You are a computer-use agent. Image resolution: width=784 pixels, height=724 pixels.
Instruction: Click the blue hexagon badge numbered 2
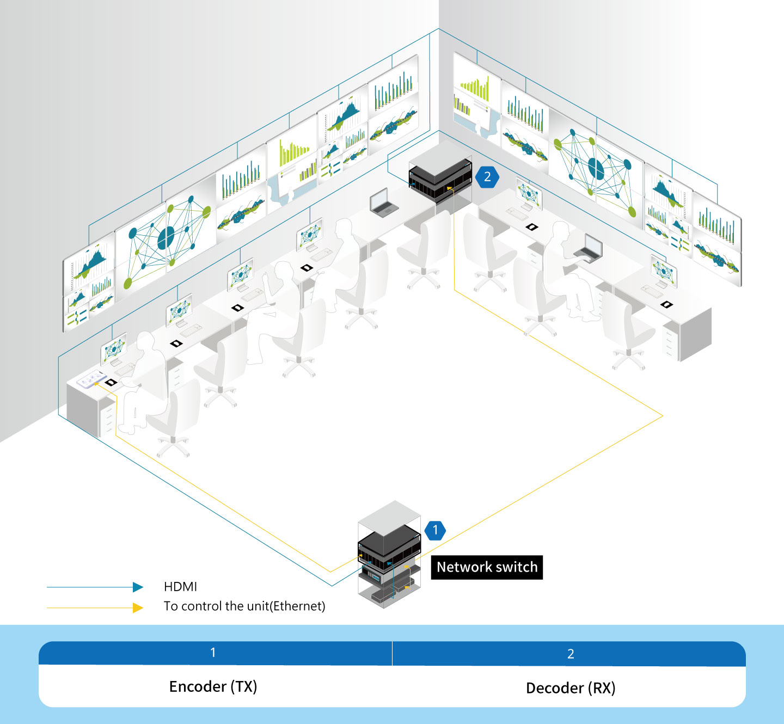pyautogui.click(x=487, y=177)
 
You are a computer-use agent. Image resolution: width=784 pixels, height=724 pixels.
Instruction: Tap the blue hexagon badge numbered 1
pyautogui.click(x=435, y=530)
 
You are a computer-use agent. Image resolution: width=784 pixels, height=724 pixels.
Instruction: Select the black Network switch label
pyautogui.click(x=487, y=567)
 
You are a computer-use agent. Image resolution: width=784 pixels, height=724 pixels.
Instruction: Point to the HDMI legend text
pyautogui.click(x=180, y=587)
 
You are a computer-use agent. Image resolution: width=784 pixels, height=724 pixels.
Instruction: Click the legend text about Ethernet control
pyautogui.click(x=244, y=606)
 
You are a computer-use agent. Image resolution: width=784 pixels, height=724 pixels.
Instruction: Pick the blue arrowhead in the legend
pyautogui.click(x=138, y=587)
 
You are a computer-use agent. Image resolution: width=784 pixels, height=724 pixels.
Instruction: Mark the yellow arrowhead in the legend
pyautogui.click(x=138, y=608)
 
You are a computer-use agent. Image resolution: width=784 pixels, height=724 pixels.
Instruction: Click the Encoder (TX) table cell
pyautogui.click(x=213, y=686)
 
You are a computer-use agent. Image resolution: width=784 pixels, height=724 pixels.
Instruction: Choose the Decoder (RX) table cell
pyautogui.click(x=570, y=688)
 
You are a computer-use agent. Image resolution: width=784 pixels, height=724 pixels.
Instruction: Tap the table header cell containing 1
pyautogui.click(x=213, y=653)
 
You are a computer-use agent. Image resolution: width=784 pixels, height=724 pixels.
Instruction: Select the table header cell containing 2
pyautogui.click(x=570, y=654)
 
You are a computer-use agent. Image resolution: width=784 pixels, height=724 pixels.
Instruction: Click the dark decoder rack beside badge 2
pyautogui.click(x=440, y=177)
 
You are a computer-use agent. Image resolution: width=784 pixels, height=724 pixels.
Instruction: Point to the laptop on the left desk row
pyautogui.click(x=382, y=203)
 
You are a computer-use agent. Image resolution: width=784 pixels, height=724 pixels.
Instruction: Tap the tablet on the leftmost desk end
pyautogui.click(x=91, y=379)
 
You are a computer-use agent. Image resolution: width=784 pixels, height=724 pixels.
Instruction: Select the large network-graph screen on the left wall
pyautogui.click(x=167, y=237)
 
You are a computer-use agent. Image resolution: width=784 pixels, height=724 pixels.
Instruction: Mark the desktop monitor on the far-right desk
pyautogui.click(x=664, y=271)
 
